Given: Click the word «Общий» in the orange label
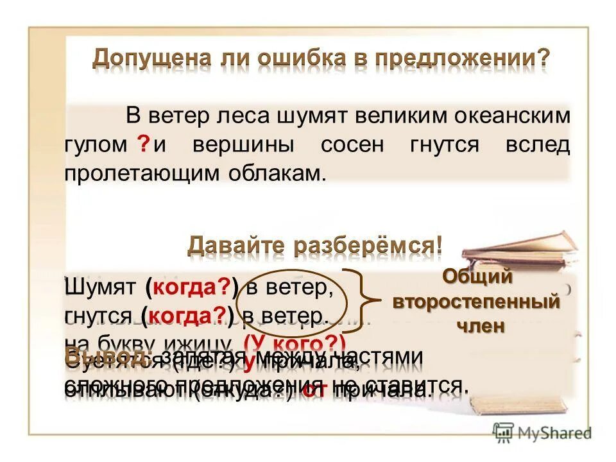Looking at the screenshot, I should pos(478,278).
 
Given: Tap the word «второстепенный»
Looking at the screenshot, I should pos(475,302).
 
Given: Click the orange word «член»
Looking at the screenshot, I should pos(479,325).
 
